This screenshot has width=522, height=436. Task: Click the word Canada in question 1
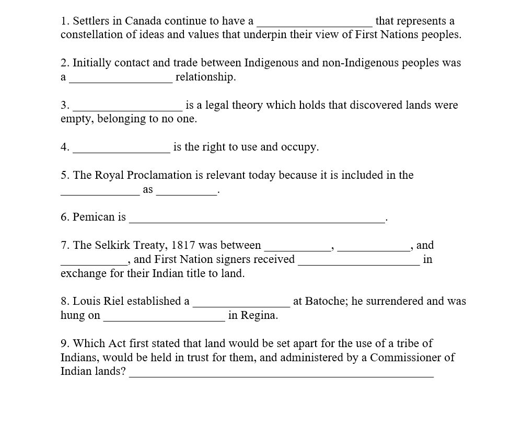(143, 21)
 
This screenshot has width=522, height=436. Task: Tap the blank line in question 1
(315, 24)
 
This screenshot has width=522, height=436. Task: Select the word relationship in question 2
(206, 77)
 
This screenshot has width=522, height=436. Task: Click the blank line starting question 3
(127, 109)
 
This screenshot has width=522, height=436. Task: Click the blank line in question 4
(121, 151)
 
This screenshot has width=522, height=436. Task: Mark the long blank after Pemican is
(257, 221)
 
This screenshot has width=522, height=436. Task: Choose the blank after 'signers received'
(358, 263)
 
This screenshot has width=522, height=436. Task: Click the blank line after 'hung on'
(164, 319)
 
